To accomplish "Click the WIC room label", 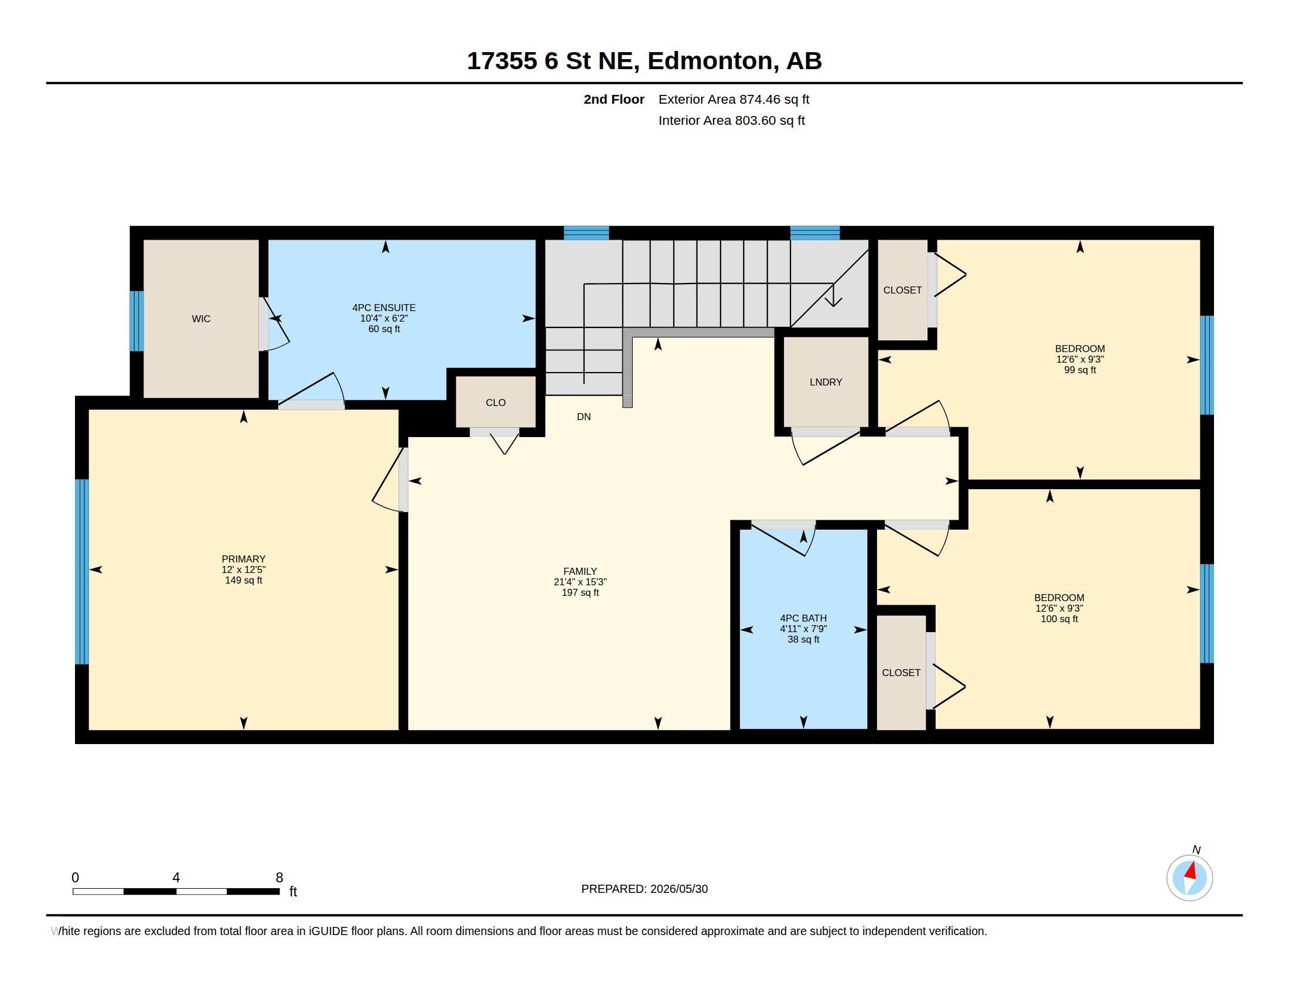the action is [x=200, y=319].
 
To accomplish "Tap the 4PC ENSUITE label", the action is [x=384, y=308].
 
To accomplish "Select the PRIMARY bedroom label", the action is [x=243, y=559].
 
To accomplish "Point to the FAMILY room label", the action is [x=579, y=571].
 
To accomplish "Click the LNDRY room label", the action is [x=826, y=382].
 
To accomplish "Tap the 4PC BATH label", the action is [x=803, y=618].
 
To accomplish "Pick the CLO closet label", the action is [x=495, y=403].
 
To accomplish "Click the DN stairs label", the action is [x=584, y=417].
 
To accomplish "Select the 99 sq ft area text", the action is [x=1079, y=370].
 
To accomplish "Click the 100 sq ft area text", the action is [x=1059, y=619].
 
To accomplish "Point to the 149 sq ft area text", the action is [x=243, y=580].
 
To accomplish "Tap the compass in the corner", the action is [x=1189, y=878].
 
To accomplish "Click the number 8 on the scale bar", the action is [x=279, y=878].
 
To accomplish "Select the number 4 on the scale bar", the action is [x=176, y=878].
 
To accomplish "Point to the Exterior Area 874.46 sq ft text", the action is [x=734, y=99].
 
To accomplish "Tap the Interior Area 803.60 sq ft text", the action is [x=731, y=120].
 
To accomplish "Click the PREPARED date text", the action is [x=644, y=889].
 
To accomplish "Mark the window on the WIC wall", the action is [x=137, y=321].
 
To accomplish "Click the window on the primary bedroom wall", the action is [x=82, y=572].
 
